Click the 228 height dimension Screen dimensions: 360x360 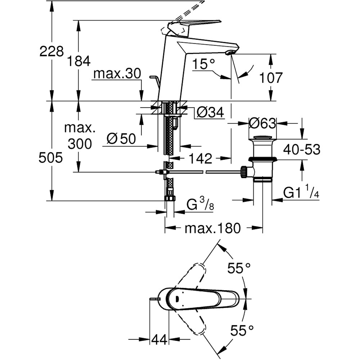(51, 51)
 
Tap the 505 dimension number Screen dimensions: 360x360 (51, 158)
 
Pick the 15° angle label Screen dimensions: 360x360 (205, 64)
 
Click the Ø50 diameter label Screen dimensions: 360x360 (121, 138)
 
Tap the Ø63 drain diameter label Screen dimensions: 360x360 (262, 123)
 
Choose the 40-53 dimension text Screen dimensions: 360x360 (301, 149)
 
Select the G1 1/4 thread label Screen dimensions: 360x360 (301, 193)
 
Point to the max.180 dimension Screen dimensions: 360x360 (212, 228)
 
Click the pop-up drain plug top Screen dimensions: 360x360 (262, 138)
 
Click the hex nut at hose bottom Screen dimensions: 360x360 (170, 198)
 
